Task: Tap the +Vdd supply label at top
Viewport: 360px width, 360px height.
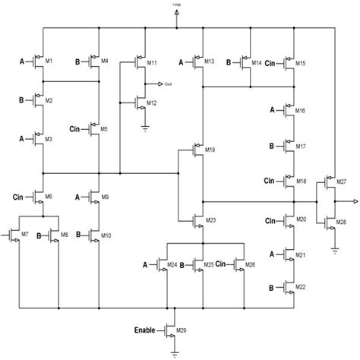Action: click(176, 6)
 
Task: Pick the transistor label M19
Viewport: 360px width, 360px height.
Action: click(210, 150)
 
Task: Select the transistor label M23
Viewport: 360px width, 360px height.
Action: click(210, 220)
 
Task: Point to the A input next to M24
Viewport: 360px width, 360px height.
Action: click(145, 264)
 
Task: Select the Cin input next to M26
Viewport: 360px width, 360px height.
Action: click(221, 264)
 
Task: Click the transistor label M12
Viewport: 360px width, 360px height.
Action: click(152, 102)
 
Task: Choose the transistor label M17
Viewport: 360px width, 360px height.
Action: click(301, 145)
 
